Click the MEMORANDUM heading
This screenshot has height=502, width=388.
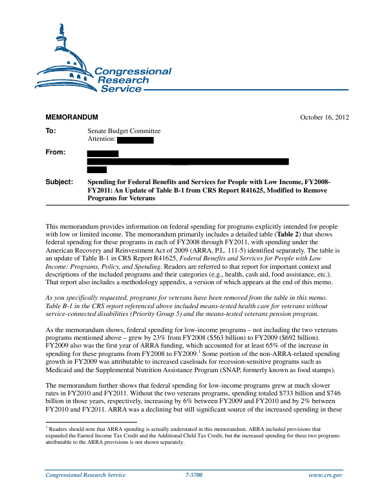(x=71, y=117)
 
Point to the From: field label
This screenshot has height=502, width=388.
(x=56, y=152)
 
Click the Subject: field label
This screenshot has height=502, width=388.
(x=59, y=183)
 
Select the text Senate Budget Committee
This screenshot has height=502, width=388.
(x=124, y=131)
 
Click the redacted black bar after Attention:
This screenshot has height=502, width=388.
(x=136, y=140)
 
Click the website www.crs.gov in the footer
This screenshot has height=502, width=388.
(x=327, y=475)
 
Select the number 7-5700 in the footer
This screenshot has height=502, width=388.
(x=194, y=475)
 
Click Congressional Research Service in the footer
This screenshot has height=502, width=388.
(x=85, y=475)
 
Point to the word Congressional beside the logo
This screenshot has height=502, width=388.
(x=133, y=72)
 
